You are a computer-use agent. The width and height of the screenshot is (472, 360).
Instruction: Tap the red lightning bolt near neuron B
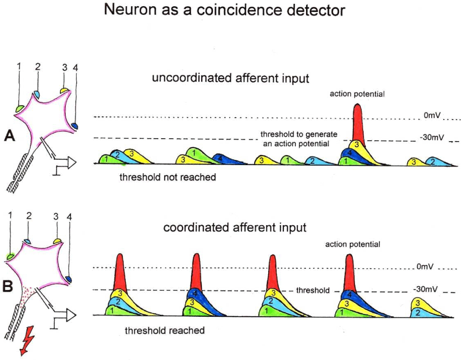point(27,341)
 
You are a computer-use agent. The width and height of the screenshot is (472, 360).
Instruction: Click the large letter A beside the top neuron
point(10,136)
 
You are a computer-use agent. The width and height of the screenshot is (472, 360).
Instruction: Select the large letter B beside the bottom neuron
point(8,286)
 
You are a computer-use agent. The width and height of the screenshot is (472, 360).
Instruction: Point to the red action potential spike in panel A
point(358,124)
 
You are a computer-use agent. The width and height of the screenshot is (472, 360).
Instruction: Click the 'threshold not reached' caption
point(168,177)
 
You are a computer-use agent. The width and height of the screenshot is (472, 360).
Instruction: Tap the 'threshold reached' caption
point(165,330)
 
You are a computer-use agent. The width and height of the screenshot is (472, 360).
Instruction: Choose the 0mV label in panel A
point(432,115)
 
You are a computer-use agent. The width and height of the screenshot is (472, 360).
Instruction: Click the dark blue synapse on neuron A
point(74,125)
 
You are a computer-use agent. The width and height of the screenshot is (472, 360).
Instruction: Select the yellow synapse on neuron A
point(64,90)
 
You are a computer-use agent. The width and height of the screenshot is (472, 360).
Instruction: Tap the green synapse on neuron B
point(11,256)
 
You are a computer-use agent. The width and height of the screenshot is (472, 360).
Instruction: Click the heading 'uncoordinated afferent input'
point(231,78)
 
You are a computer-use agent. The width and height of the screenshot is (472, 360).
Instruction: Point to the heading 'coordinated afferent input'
point(235,227)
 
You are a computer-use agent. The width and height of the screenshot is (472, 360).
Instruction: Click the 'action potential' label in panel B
point(353,244)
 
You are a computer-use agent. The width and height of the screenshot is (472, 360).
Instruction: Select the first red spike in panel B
point(120,273)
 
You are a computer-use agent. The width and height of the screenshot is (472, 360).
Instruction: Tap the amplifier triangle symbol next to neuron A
point(71,163)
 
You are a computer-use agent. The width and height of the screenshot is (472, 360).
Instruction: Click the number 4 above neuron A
point(75,68)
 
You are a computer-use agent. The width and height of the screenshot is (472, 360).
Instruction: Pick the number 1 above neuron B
point(10,215)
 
